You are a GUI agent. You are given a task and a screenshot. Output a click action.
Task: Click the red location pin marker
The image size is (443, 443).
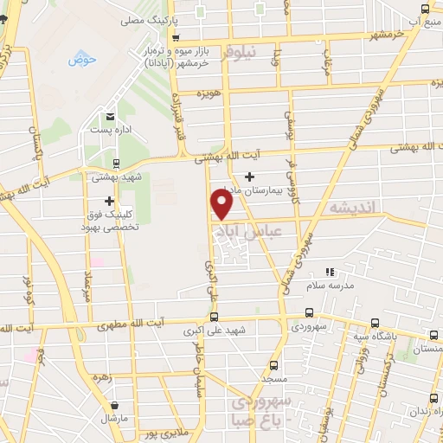click(x=222, y=203)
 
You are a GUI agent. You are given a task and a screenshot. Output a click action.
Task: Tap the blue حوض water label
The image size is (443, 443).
click(x=82, y=60)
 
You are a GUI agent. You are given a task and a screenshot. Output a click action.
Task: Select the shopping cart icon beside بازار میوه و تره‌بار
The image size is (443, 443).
click(x=177, y=38)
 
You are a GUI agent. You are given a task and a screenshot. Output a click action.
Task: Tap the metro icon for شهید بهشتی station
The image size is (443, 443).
click(x=117, y=162)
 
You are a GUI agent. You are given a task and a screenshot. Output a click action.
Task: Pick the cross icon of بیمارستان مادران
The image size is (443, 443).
click(x=250, y=177)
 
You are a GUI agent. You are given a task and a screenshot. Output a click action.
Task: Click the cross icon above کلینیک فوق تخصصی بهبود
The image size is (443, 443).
click(x=110, y=201)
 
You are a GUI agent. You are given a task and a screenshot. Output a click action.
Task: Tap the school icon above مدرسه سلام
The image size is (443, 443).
click(x=328, y=272)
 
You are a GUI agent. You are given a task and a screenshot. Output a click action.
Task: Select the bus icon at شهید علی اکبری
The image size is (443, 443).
click(x=215, y=317)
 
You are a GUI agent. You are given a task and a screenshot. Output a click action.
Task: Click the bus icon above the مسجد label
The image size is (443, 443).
click(x=274, y=364)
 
